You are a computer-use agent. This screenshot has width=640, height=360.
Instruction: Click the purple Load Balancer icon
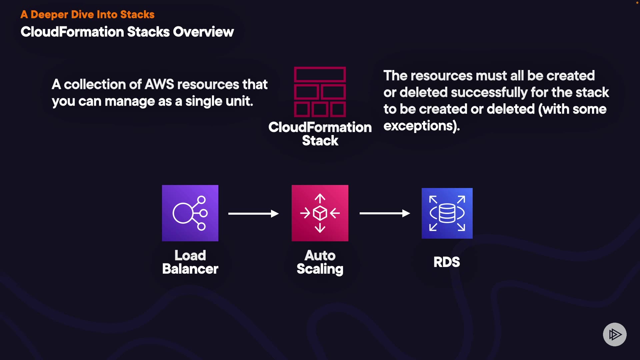point(190,213)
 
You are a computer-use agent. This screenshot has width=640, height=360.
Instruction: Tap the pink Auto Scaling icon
point(320,213)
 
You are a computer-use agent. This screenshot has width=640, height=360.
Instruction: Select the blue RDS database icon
point(447,213)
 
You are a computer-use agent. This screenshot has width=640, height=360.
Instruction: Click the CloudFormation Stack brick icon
point(320,92)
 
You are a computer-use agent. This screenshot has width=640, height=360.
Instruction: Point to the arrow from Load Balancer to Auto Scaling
point(253,213)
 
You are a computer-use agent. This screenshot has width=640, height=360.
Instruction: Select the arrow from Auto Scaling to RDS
point(385,213)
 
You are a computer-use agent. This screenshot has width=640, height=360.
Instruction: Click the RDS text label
point(447,262)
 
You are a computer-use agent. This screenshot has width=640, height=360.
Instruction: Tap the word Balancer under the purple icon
point(190,269)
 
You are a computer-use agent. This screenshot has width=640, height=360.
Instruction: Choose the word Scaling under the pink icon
point(320,269)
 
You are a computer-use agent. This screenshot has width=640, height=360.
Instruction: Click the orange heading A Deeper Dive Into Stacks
point(87,14)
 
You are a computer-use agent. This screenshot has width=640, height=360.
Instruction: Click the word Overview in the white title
point(203,32)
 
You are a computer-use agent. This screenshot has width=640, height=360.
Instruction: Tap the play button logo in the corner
point(615,334)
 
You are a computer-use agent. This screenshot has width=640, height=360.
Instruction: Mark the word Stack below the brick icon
point(320,141)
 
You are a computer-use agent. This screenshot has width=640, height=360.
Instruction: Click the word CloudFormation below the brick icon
point(320,127)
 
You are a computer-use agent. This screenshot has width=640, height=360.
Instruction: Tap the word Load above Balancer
point(190,255)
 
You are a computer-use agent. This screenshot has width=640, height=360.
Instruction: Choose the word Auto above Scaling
point(320,255)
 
